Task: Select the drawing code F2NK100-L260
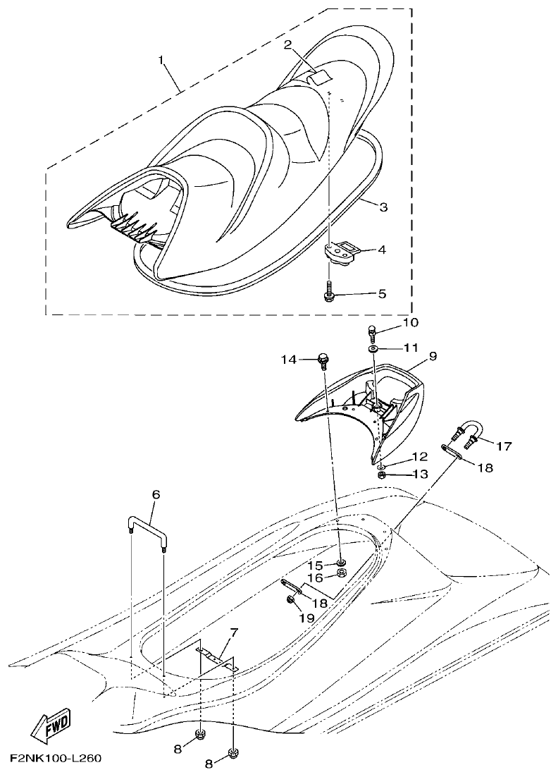[56, 759]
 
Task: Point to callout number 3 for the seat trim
[383, 207]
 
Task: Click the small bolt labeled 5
[328, 293]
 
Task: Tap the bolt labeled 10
[373, 329]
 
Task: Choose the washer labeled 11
[371, 348]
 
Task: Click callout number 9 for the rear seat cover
[433, 357]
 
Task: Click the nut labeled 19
[290, 599]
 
